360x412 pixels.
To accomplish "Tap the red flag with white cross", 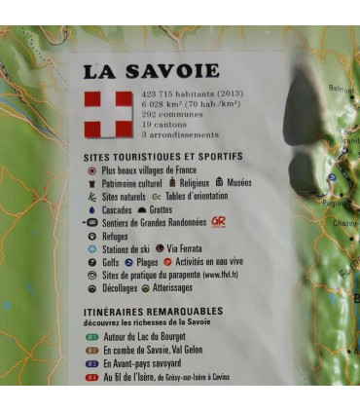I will (108, 113).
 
